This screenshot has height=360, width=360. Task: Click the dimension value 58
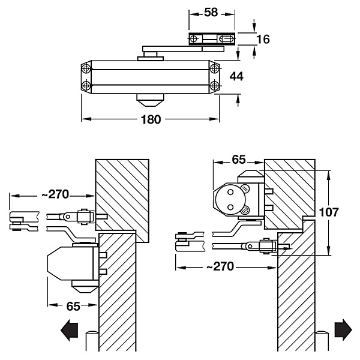(211, 13)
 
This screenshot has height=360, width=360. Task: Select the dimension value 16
(263, 39)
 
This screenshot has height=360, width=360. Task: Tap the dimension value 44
(236, 76)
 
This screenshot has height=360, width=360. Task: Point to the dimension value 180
(151, 119)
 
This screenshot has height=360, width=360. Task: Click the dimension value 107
(329, 212)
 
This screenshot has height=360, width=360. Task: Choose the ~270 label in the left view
(55, 194)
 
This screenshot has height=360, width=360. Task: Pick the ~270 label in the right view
(220, 266)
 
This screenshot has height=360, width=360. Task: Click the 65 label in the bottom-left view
(73, 306)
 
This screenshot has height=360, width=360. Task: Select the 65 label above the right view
(239, 160)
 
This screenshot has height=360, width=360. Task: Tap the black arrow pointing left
(70, 330)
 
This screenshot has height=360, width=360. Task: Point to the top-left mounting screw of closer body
(86, 68)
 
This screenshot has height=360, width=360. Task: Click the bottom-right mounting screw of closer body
(214, 86)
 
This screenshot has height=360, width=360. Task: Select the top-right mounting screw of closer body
(214, 68)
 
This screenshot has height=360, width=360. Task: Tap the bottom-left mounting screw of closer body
(86, 86)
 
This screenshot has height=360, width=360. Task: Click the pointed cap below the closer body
(151, 100)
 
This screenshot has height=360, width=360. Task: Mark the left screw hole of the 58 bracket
(194, 39)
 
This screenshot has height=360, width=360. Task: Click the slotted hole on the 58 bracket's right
(226, 39)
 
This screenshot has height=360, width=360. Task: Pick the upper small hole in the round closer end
(230, 192)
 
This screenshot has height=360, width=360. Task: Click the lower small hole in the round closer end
(230, 208)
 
